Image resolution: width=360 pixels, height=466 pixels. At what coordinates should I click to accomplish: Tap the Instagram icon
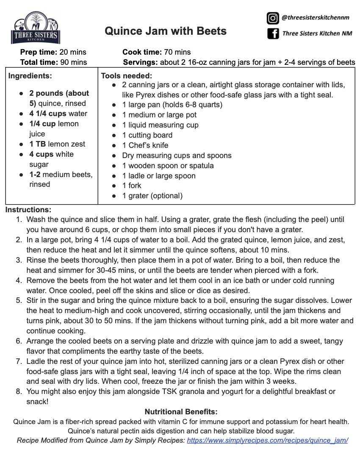(272, 18)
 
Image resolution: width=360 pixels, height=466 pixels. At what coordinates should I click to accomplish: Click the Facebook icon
(273, 33)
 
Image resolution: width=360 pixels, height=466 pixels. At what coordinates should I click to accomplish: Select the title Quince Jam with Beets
(165, 31)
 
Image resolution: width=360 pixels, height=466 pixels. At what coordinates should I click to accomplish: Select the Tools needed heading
(126, 76)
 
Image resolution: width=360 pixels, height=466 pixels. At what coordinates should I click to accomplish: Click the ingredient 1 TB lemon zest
(57, 144)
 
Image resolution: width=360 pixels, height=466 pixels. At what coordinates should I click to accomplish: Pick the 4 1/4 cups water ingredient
(58, 114)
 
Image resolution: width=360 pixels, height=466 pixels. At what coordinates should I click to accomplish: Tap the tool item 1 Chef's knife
(147, 145)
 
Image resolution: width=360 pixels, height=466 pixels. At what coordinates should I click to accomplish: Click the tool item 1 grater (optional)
(152, 196)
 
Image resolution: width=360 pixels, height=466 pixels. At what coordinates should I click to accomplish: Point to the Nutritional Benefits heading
(181, 412)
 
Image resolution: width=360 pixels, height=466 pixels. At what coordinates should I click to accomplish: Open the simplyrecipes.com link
(267, 440)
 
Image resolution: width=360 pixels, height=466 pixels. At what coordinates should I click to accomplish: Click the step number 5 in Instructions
(19, 300)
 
